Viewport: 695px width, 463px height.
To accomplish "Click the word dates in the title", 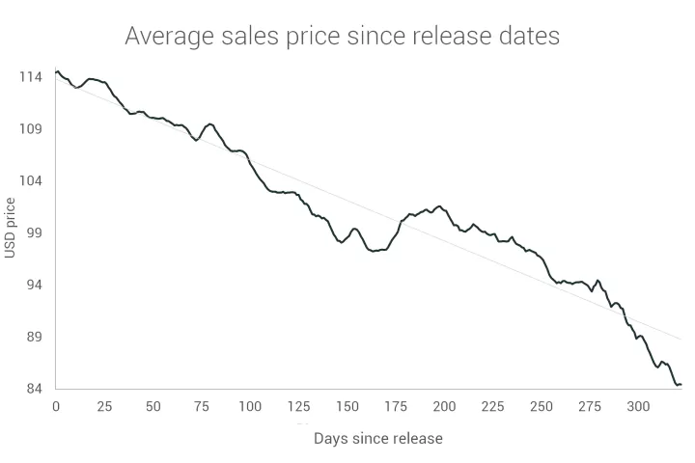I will tap(526, 38).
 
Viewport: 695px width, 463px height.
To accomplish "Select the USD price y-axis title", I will tap(11, 229).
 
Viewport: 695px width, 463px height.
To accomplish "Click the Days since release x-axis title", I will tap(377, 439).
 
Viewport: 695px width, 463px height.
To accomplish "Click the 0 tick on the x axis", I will tap(56, 407).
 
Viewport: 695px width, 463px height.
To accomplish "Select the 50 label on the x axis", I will tap(153, 407).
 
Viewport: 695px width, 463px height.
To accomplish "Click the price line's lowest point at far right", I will tap(678, 385).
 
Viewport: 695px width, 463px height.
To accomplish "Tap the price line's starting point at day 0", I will tap(57, 71).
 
